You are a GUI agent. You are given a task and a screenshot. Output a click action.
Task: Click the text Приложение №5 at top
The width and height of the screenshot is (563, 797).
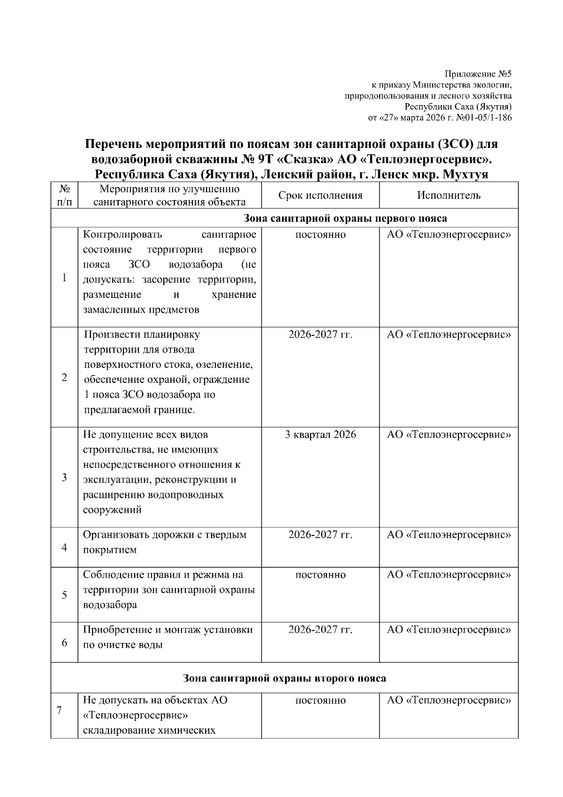[x=478, y=74]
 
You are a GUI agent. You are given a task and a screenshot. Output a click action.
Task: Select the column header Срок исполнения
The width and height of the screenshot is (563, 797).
[x=320, y=195]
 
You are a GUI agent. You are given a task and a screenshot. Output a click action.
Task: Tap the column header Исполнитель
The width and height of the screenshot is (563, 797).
[x=449, y=195]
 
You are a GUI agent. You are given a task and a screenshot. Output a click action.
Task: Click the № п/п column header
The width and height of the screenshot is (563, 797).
[x=64, y=195]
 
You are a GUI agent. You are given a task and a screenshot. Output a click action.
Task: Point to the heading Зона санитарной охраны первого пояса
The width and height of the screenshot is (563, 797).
[x=345, y=218]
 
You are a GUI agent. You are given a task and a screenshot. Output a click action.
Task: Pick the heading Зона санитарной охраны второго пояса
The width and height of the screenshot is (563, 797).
[x=284, y=678]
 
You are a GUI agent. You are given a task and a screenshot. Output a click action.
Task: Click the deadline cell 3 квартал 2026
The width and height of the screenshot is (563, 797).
[x=320, y=434]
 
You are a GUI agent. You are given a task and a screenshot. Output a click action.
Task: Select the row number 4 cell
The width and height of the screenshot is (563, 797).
[x=64, y=548]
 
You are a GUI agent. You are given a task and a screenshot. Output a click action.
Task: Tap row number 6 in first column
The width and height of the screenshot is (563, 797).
[x=64, y=642]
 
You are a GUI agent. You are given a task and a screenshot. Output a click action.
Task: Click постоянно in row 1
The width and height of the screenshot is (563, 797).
[x=320, y=235]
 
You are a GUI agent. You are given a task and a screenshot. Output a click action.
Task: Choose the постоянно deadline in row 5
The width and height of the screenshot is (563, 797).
[x=320, y=575]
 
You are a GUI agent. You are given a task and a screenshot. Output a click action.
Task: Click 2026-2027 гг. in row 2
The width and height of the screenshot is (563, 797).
[x=320, y=334]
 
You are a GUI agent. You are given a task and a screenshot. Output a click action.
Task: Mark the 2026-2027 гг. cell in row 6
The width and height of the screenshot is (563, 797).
[x=320, y=630]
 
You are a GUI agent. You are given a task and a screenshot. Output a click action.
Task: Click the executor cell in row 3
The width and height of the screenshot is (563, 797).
[x=449, y=434]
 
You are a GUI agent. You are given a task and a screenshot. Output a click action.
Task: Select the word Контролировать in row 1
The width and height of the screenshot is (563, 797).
[x=122, y=235]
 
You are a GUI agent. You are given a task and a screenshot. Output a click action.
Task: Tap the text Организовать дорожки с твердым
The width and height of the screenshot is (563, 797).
[x=164, y=534]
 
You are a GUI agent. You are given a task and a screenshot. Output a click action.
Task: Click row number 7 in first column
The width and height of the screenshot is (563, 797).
[x=60, y=711]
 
